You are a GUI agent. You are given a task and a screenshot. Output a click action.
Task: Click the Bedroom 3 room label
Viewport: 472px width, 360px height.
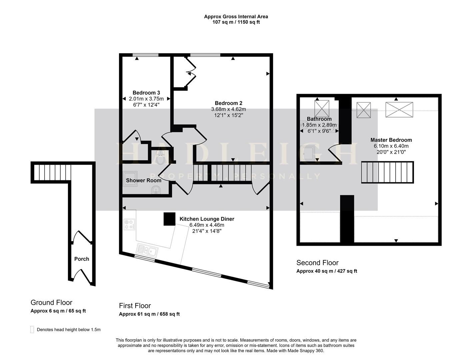146,93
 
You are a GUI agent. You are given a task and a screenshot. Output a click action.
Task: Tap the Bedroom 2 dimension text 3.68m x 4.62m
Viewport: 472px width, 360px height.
228,109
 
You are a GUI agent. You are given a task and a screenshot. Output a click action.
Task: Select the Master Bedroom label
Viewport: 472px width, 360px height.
391,140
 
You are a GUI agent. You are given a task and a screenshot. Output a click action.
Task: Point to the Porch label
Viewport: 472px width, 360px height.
81,259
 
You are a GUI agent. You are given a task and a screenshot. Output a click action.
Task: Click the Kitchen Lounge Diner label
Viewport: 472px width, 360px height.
207,219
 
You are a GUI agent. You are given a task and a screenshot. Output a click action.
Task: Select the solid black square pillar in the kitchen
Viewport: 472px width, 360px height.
169,219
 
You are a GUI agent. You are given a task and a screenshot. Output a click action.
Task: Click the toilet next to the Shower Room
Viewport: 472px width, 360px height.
161,158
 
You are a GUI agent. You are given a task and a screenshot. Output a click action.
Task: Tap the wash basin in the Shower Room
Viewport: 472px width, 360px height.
156,190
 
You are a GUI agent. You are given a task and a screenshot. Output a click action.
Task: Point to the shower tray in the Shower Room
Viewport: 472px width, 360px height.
130,179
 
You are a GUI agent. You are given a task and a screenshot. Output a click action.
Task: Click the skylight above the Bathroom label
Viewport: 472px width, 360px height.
322,109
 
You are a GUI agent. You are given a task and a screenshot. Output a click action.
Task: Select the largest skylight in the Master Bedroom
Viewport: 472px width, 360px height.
399,110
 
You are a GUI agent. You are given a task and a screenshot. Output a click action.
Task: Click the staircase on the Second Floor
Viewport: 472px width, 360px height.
387,172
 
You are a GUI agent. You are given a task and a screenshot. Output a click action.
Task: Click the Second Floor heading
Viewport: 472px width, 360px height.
317,263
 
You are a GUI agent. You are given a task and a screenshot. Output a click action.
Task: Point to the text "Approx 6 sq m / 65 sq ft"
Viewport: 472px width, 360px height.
58,311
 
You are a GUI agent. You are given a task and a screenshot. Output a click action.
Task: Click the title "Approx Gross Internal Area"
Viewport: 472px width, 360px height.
236,17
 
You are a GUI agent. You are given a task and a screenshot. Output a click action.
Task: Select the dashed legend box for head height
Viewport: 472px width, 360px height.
32,329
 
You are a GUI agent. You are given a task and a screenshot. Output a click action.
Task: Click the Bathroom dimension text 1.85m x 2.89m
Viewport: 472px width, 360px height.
319,125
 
